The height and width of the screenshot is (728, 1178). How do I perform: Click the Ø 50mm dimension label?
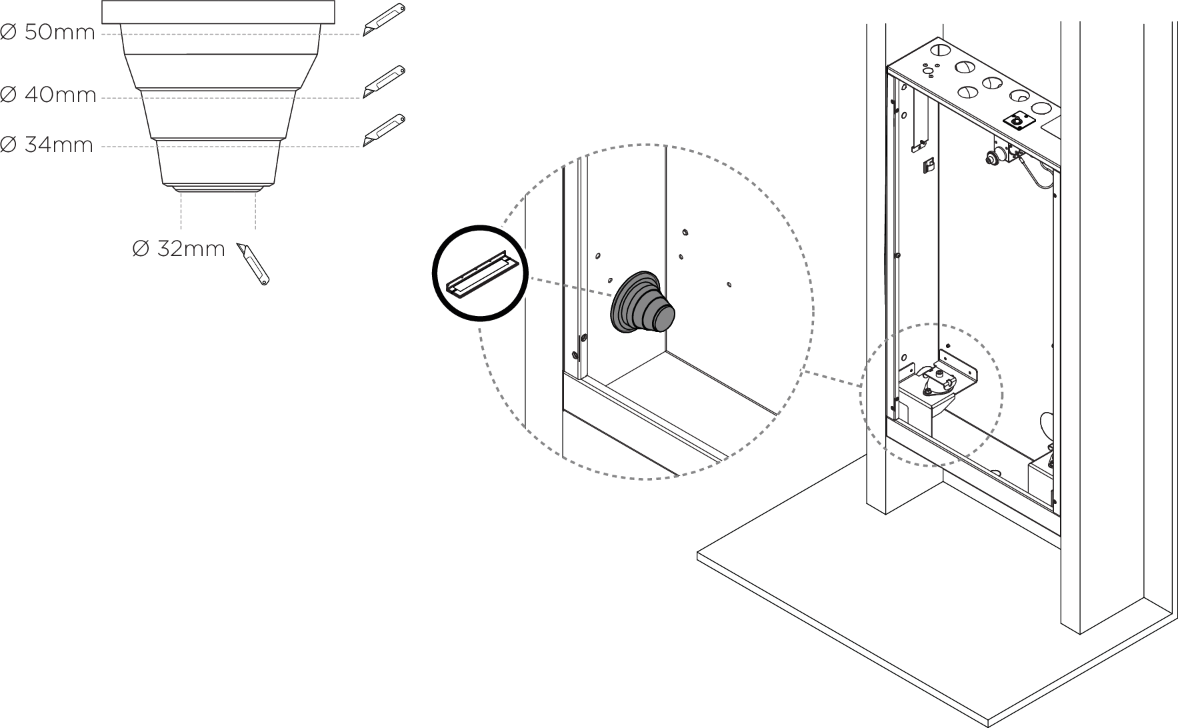pyautogui.click(x=48, y=32)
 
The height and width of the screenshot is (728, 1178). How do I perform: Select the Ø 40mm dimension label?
pyautogui.click(x=49, y=95)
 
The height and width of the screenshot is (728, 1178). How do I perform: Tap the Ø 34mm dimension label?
pyautogui.click(x=47, y=144)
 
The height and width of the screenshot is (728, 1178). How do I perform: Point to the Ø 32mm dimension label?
pyautogui.click(x=179, y=249)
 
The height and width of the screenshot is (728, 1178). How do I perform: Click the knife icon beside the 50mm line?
pyautogui.click(x=384, y=19)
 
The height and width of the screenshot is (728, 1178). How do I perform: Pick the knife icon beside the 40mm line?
pyautogui.click(x=384, y=82)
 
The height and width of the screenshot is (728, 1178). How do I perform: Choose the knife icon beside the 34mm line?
pyautogui.click(x=384, y=130)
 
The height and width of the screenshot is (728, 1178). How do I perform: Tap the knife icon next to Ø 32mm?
pyautogui.click(x=253, y=265)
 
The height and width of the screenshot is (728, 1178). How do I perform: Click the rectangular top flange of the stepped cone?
pyautogui.click(x=218, y=12)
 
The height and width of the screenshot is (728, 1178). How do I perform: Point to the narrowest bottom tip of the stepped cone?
pyautogui.click(x=218, y=189)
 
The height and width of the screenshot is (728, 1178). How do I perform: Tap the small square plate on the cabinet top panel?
pyautogui.click(x=1017, y=121)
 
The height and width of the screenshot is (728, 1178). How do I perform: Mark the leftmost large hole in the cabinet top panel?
pyautogui.click(x=939, y=49)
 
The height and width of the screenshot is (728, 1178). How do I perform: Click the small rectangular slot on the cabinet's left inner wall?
pyautogui.click(x=927, y=165)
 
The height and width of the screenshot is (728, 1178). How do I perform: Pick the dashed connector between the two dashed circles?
pyautogui.click(x=832, y=378)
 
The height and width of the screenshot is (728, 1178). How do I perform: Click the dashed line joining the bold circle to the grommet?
pyautogui.click(x=571, y=287)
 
